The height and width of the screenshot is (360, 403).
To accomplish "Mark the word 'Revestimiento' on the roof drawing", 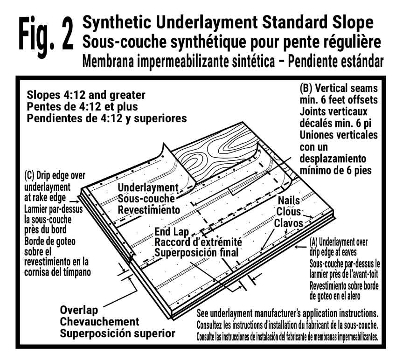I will click(x=149, y=210).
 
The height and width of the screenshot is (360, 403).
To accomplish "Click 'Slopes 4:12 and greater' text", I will click(x=86, y=96).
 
